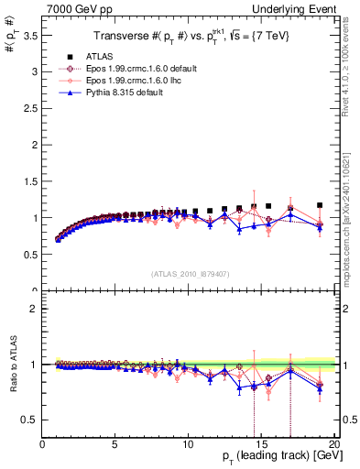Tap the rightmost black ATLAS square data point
coord(320,205)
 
